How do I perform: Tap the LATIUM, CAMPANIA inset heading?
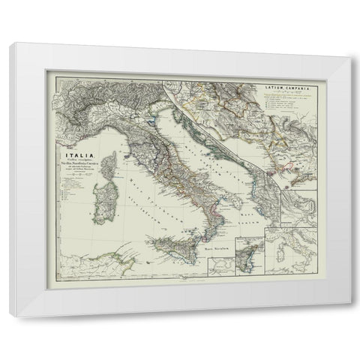point(288,88)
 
